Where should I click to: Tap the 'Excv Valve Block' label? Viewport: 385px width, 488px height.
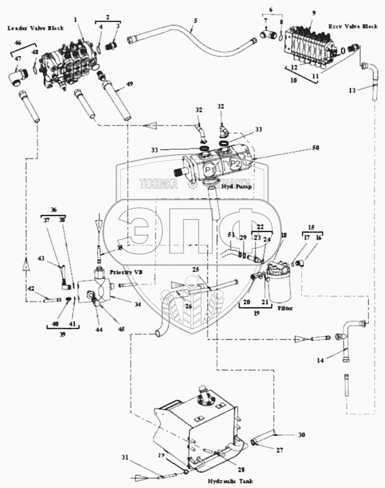(x=353, y=27)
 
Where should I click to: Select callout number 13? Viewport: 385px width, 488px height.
(x=352, y=90)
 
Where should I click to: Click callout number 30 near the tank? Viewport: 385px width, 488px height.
(x=301, y=436)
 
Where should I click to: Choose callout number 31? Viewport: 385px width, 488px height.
(x=124, y=457)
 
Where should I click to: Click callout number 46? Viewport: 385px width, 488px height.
(x=17, y=43)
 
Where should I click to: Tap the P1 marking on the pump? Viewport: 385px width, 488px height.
(x=209, y=170)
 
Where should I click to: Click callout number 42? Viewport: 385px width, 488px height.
(x=29, y=288)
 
